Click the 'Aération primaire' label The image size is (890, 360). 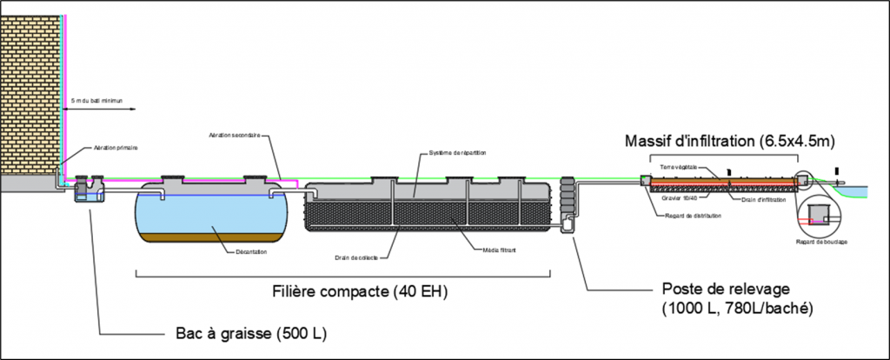point(116,149)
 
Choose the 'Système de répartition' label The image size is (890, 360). point(458,153)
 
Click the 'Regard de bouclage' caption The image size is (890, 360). point(820,242)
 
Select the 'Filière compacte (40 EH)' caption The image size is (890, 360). point(360,290)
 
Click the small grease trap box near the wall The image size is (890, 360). point(88,196)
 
